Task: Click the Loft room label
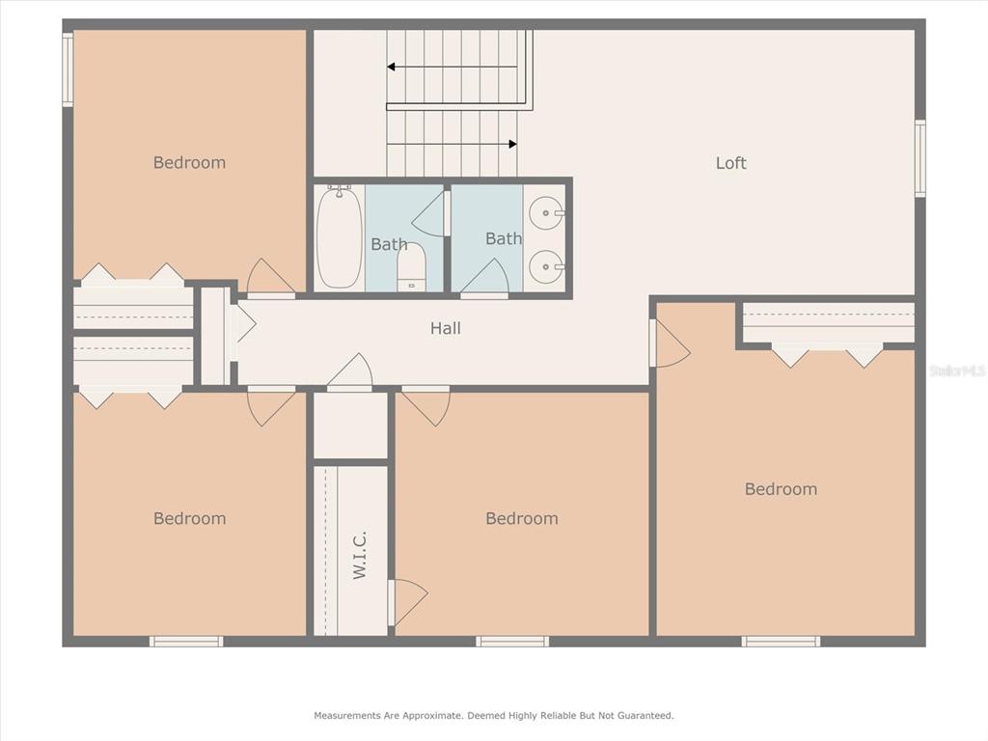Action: pos(731,163)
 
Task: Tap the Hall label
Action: pos(446,328)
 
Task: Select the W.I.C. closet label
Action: pos(359,555)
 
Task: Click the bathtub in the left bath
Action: pos(339,236)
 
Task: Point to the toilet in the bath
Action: pos(411,267)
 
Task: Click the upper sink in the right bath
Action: pos(546,213)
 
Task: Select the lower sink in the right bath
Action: pos(546,266)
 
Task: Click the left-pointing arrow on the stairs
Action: pos(452,67)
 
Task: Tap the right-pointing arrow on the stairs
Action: pos(452,145)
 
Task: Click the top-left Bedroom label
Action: pos(190,162)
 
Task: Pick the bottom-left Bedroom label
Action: pos(190,518)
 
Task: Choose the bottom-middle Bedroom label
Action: pos(522,518)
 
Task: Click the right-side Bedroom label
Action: pos(781,489)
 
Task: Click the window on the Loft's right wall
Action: pos(920,158)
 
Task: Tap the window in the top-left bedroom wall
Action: pos(68,69)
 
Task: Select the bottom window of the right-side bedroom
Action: pos(781,642)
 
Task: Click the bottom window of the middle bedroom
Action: pos(512,642)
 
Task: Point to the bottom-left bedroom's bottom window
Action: pos(186,642)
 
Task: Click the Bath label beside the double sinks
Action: pos(504,239)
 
